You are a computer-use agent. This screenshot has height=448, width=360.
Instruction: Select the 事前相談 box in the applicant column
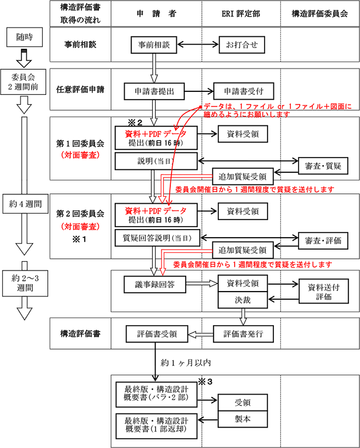(x=155, y=44)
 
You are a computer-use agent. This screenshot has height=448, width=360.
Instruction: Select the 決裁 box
(x=244, y=300)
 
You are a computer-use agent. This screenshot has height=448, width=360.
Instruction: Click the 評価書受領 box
(x=156, y=334)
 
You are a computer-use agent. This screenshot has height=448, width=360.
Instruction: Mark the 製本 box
(x=243, y=421)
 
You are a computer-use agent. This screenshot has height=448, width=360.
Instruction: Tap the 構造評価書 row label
(x=80, y=334)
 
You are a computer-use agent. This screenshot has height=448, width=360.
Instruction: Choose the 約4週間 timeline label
(x=25, y=204)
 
